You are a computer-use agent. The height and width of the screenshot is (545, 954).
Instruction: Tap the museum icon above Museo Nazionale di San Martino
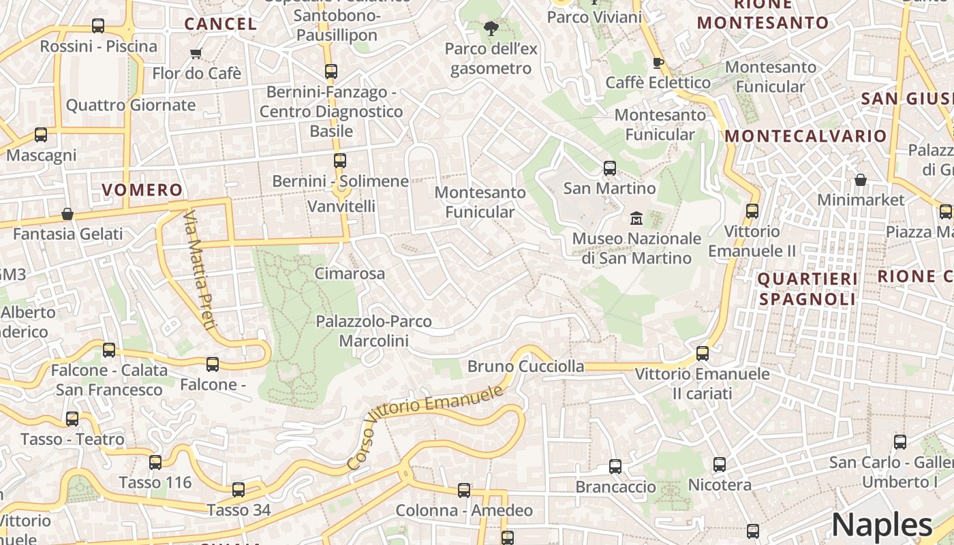636,219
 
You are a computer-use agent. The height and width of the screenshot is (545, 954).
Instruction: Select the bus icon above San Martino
610,168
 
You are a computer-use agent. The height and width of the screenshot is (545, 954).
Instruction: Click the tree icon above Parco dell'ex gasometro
490,29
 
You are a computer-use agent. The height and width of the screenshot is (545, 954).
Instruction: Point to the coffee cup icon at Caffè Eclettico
658,63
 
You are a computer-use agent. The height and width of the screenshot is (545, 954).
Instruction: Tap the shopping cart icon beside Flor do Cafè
196,54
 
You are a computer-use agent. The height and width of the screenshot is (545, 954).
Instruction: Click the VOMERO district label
142,190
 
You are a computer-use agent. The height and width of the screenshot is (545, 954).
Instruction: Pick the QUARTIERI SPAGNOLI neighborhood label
807,289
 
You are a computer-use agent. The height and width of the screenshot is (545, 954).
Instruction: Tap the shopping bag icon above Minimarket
861,181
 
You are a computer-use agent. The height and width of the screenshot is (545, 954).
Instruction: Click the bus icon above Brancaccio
615,467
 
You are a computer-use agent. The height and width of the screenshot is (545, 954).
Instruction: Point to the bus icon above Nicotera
720,465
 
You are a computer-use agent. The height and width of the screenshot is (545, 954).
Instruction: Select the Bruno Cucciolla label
525,367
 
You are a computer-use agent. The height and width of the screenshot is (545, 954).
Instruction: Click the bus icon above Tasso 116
155,463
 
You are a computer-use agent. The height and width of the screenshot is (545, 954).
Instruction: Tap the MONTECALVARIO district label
805,136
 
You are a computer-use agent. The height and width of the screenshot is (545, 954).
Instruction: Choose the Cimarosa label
350,274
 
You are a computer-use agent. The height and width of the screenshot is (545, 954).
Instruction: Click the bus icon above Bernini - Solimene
339,161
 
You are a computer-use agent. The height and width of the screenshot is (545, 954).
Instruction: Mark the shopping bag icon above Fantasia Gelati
67,215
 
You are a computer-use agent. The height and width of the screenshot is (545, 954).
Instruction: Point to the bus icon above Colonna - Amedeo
464,490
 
